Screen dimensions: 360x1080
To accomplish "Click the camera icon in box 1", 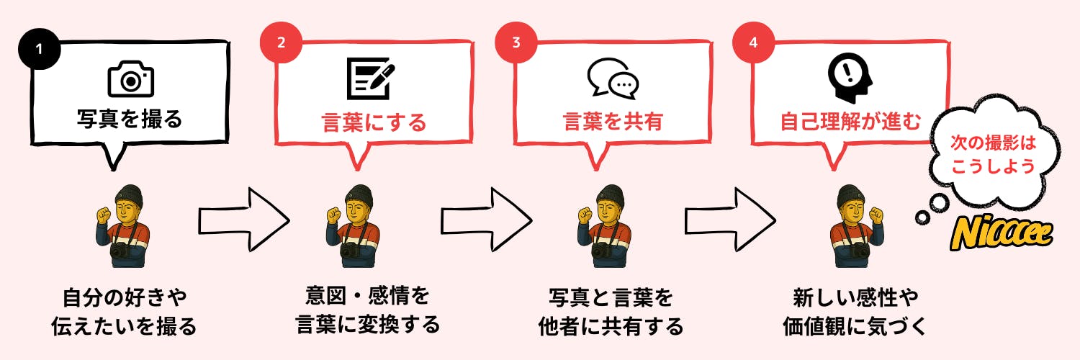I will pyautogui.click(x=130, y=80).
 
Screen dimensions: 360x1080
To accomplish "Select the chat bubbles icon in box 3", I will pyautogui.click(x=613, y=77).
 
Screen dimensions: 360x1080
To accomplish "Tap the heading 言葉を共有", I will pyautogui.click(x=612, y=122).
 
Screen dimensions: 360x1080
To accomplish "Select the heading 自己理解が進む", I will pyautogui.click(x=850, y=122).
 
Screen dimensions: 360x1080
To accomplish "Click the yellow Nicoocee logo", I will pyautogui.click(x=1002, y=233).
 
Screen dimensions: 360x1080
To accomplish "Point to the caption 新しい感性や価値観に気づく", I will pyautogui.click(x=854, y=311).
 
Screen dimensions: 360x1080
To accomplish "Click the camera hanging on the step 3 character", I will pyautogui.click(x=603, y=251).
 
